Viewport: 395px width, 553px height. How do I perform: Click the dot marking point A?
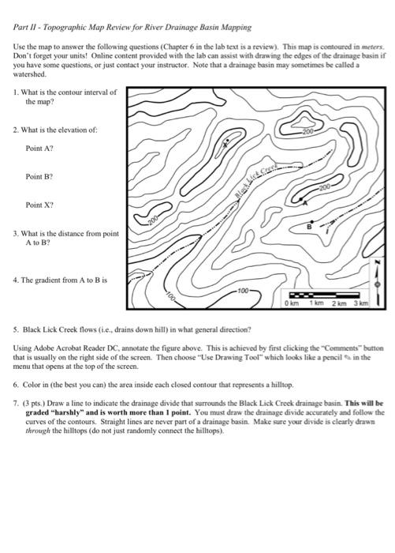[300, 200]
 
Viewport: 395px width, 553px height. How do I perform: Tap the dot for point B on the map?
[312, 222]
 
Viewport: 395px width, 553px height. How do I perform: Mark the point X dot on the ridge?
[227, 141]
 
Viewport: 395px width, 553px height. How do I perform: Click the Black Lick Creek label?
[256, 179]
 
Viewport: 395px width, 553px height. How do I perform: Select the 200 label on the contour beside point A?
[325, 186]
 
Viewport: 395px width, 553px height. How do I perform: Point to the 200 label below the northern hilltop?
[307, 132]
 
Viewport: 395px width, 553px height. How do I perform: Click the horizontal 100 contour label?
[243, 291]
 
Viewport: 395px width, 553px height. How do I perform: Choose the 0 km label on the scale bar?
[291, 303]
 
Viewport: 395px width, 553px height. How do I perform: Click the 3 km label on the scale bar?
[361, 303]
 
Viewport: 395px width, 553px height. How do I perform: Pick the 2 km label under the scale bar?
[339, 303]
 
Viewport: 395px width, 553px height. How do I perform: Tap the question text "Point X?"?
[39, 205]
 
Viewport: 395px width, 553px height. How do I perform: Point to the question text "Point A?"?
[39, 149]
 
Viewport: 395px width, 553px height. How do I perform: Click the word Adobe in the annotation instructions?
[43, 348]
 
